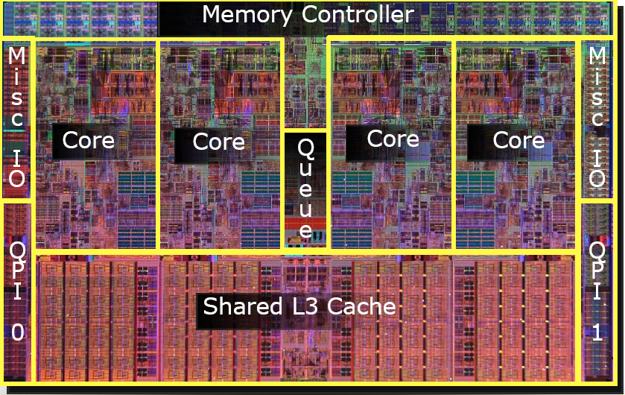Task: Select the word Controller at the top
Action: pos(358,14)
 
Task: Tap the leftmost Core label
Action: pos(88,140)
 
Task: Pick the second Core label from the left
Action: pos(218,142)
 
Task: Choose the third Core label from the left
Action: pos(393,139)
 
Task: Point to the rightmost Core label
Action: pos(518,140)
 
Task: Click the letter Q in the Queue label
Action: pos(305,148)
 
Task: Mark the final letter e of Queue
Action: pos(305,230)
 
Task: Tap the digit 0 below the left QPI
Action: pos(17,332)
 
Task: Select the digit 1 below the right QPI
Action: pos(597,332)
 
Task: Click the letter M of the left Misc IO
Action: pos(17,56)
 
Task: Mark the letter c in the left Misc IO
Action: pos(17,118)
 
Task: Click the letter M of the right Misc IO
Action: pos(597,56)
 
